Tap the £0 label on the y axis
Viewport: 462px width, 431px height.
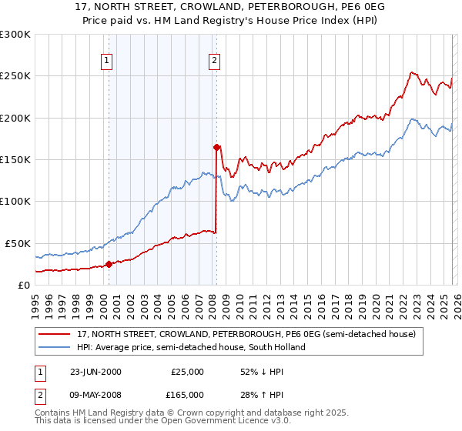25,285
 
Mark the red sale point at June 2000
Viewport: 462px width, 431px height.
109,264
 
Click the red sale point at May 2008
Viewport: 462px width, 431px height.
216,147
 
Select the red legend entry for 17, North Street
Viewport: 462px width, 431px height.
246,335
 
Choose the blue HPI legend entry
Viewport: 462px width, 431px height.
191,347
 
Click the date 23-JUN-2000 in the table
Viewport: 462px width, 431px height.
95,372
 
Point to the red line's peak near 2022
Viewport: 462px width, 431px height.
412,72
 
